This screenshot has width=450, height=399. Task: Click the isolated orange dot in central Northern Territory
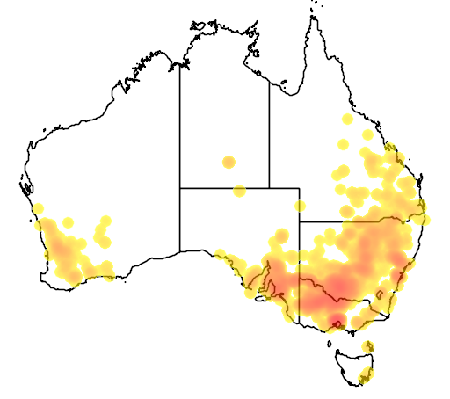(x=229, y=162)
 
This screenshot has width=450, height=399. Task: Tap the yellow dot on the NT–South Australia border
(x=239, y=190)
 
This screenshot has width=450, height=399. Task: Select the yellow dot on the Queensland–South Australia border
(x=300, y=207)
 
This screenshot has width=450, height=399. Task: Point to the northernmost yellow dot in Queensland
(x=348, y=119)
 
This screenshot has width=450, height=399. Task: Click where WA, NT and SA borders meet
(x=180, y=187)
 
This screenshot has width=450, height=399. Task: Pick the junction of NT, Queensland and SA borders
(x=269, y=187)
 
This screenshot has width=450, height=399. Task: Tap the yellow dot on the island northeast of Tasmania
(x=368, y=344)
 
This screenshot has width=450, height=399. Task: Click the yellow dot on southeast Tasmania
(x=366, y=377)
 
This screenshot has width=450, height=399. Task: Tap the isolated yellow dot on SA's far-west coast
(x=219, y=255)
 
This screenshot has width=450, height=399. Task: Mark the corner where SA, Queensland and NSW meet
(x=300, y=221)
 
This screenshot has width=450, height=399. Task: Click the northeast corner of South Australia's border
(x=300, y=187)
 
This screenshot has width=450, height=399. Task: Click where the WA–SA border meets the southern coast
(x=180, y=250)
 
